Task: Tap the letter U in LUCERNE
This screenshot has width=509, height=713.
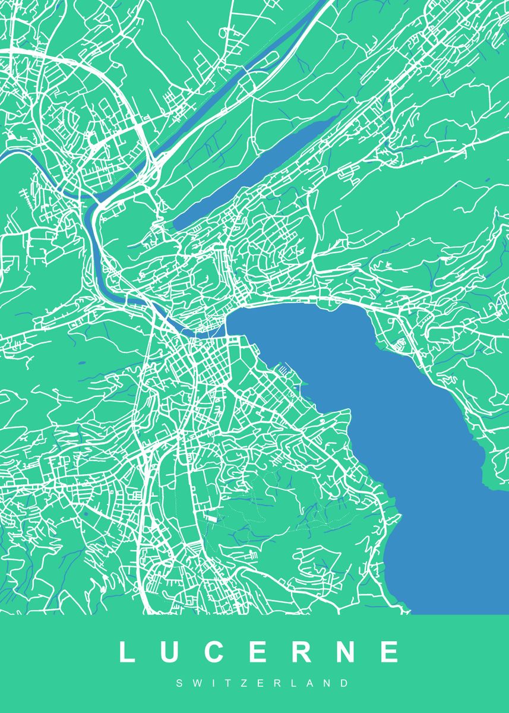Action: tap(170, 652)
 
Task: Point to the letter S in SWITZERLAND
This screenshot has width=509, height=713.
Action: tap(179, 684)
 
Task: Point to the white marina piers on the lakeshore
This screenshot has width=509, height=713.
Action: tap(284, 371)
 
